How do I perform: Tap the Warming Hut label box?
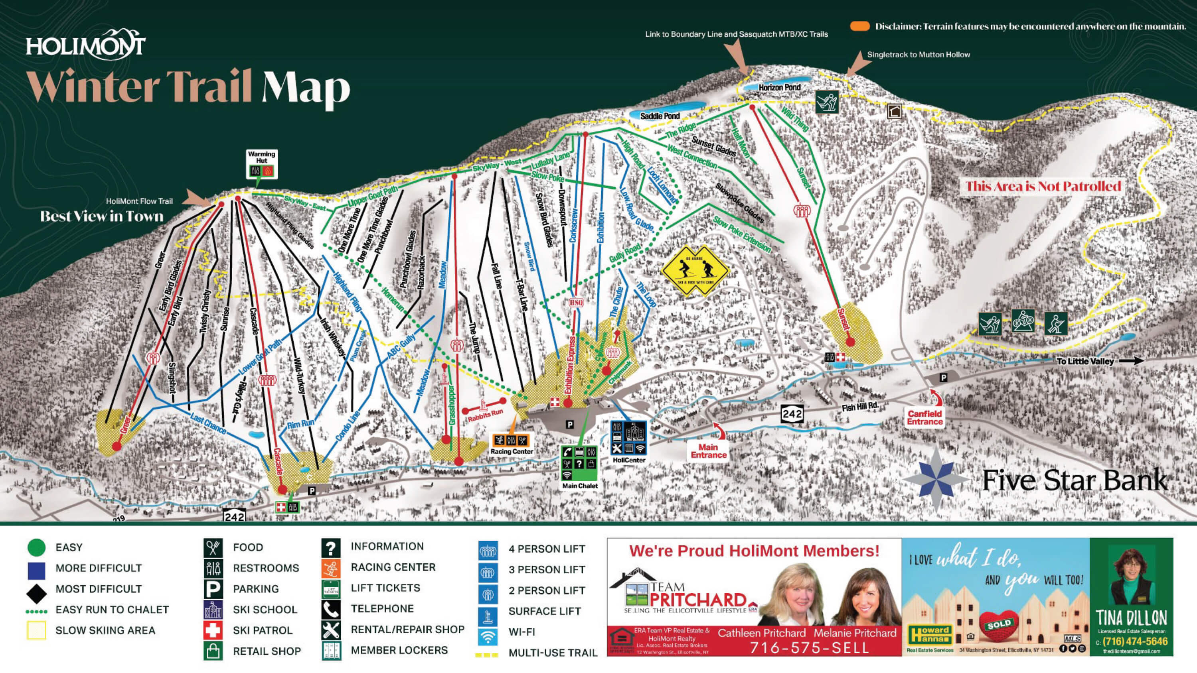coord(262,164)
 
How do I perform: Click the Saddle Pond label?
coord(660,116)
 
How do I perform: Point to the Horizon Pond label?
coord(779,87)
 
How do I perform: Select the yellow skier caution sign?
coord(693,271)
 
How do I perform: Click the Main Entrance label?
coord(708,451)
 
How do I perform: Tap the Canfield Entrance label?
coord(925,417)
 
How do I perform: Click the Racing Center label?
coord(512,451)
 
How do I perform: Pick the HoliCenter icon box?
coord(629,439)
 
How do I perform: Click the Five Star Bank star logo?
coord(934,479)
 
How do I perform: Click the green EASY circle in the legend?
coord(37,547)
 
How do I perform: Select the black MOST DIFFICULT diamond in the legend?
coord(37,589)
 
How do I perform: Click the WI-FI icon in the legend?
coord(488,632)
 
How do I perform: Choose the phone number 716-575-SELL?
coord(809,647)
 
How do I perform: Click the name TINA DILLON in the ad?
coord(1131,618)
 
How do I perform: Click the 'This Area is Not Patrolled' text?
coord(1043,187)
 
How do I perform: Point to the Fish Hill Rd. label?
coord(860,406)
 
